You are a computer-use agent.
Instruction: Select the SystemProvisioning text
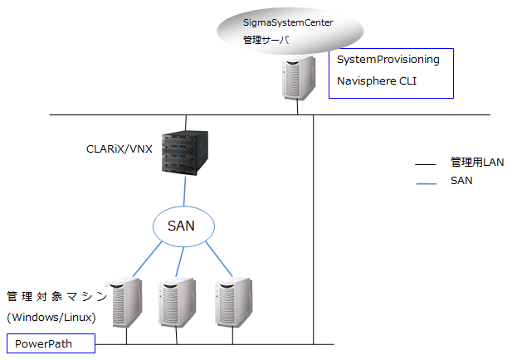[x=388, y=60]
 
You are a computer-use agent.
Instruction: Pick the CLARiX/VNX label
[x=119, y=148]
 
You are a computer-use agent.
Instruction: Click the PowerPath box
[x=50, y=343]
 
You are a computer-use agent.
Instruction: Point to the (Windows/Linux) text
[x=51, y=318]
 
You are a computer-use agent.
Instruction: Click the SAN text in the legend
[x=461, y=180]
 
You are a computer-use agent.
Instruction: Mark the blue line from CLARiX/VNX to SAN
[x=184, y=190]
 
